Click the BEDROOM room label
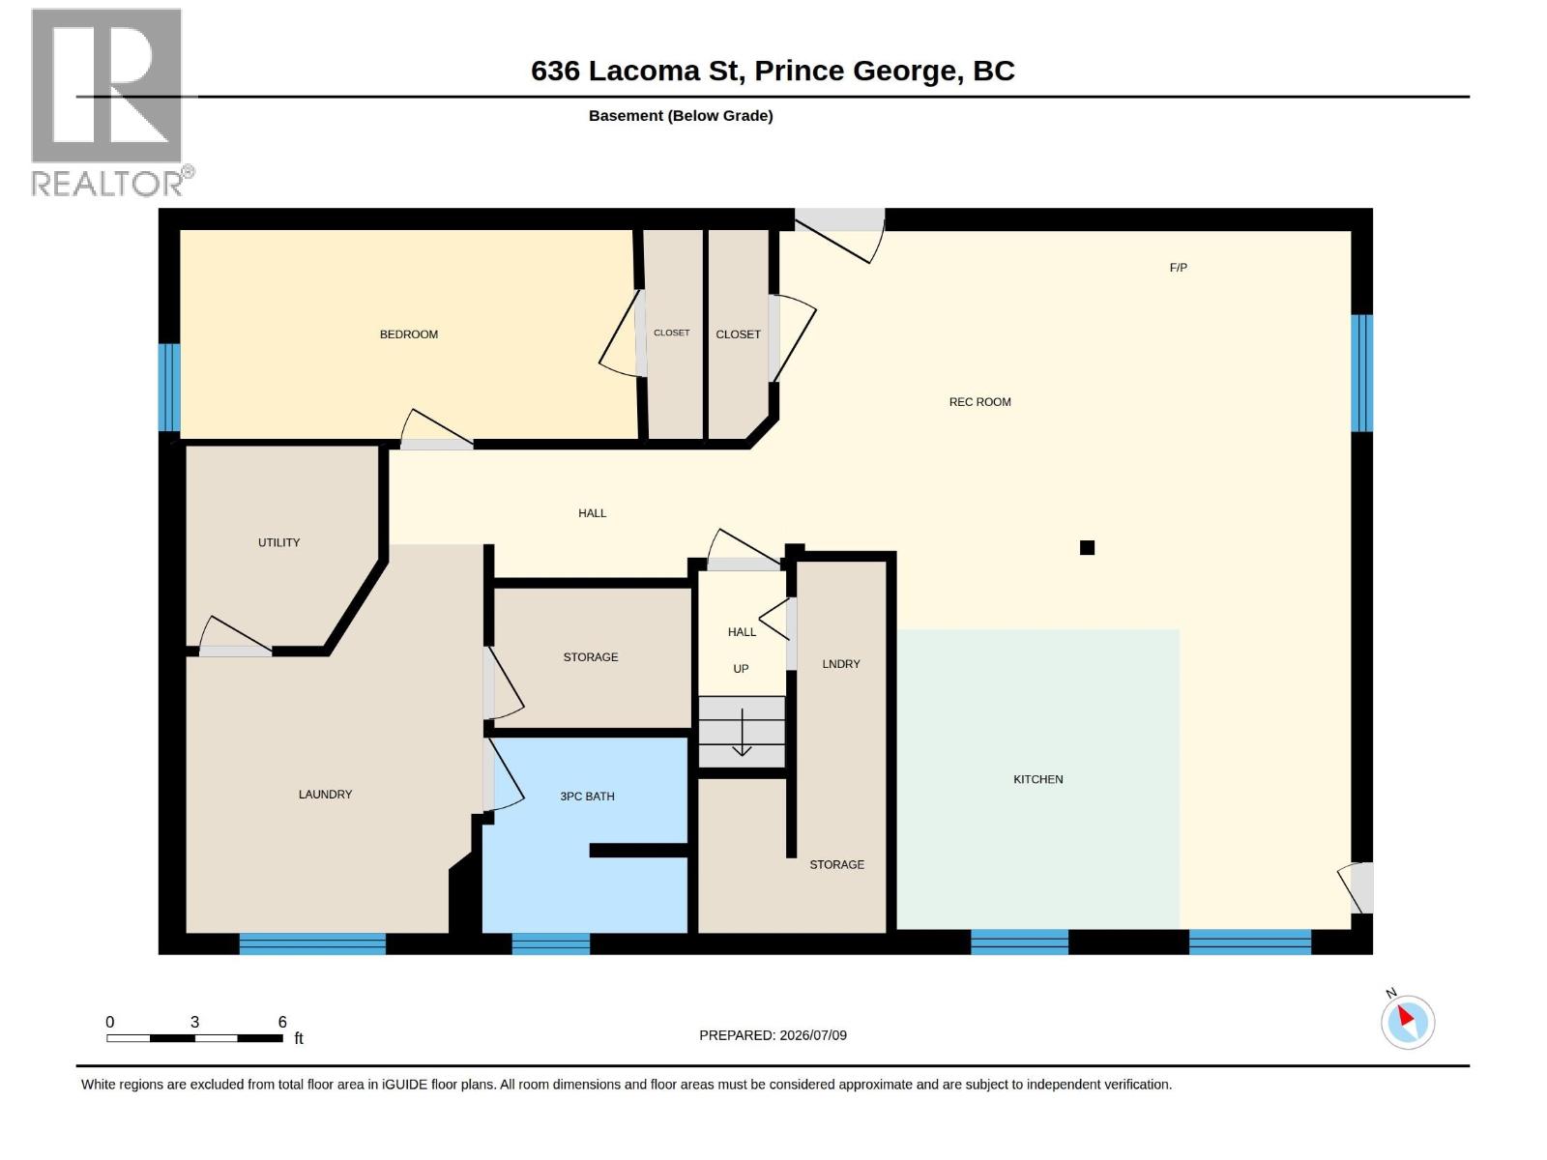pyautogui.click(x=409, y=334)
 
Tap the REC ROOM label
pyautogui.click(x=979, y=402)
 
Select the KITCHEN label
pyautogui.click(x=1037, y=780)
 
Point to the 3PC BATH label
pyautogui.click(x=587, y=797)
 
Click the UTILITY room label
pyautogui.click(x=279, y=543)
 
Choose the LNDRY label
pyautogui.click(x=841, y=664)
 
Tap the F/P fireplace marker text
pyautogui.click(x=1179, y=268)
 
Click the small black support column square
pyautogui.click(x=1087, y=547)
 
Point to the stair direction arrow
pyautogui.click(x=742, y=733)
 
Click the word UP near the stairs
pyautogui.click(x=741, y=669)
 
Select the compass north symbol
pyautogui.click(x=1408, y=1022)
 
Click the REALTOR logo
pyautogui.click(x=111, y=102)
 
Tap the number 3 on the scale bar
pyautogui.click(x=194, y=1022)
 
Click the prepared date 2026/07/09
pyautogui.click(x=813, y=1035)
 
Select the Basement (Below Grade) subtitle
pyautogui.click(x=681, y=115)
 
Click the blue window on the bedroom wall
pyautogui.click(x=169, y=388)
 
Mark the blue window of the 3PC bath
pyautogui.click(x=550, y=943)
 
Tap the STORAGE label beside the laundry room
pyautogui.click(x=591, y=657)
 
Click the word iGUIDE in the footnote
pyautogui.click(x=405, y=1085)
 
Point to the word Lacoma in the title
pyautogui.click(x=644, y=72)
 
